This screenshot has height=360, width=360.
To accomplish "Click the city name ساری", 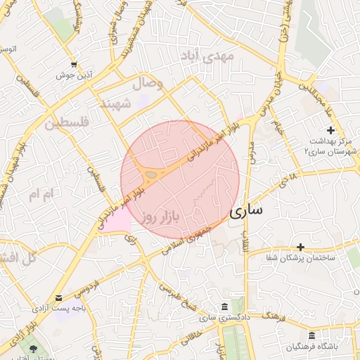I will click(247, 210).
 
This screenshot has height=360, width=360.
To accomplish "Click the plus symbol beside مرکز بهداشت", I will click(331, 130).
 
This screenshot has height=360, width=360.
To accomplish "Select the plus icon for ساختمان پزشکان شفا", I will click(301, 247).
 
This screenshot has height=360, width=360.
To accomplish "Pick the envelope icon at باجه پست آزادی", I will click(58, 297).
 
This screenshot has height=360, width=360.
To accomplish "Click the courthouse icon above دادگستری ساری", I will click(224, 307).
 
